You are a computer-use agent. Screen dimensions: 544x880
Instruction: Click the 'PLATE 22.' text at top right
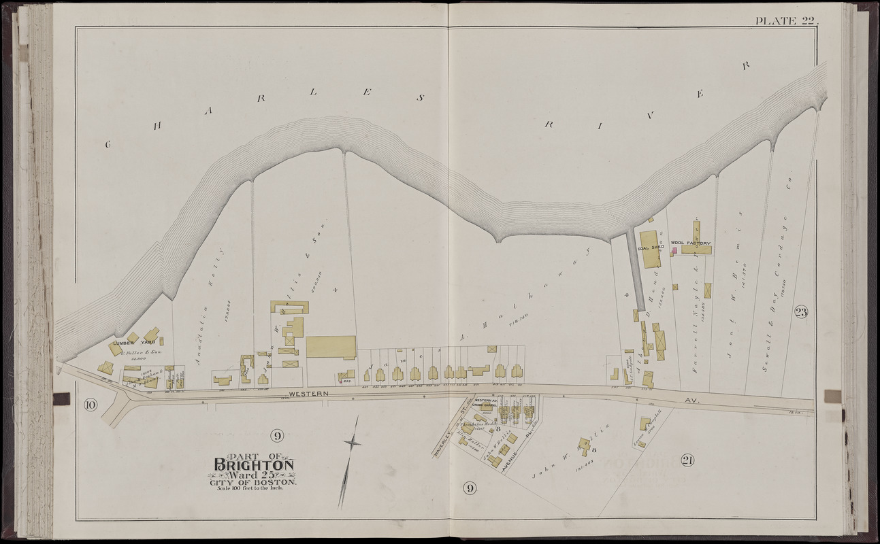786,20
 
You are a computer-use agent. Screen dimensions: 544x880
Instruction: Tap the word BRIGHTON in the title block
255,465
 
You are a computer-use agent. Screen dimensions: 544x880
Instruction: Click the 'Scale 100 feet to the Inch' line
249,488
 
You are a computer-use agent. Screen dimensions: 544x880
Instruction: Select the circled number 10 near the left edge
91,406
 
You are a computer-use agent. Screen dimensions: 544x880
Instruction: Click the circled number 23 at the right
800,312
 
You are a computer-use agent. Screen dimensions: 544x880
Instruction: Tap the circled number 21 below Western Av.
687,461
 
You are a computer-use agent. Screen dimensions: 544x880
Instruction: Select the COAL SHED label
650,248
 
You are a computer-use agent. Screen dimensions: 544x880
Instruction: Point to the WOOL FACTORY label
690,243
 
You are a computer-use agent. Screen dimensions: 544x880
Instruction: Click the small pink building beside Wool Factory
674,251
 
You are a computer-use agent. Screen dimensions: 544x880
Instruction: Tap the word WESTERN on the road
309,394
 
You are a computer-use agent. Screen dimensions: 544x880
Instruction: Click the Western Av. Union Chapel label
486,403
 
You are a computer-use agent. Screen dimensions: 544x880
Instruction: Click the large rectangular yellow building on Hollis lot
331,347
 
